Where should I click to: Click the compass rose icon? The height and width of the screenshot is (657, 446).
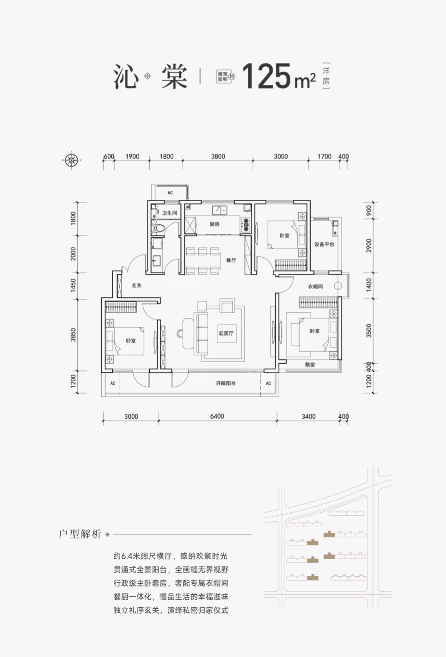click(72, 160)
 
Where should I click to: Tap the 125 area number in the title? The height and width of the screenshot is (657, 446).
click(268, 76)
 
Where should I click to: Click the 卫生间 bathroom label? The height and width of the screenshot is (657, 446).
click(170, 213)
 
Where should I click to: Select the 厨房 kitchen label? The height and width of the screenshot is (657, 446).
click(214, 224)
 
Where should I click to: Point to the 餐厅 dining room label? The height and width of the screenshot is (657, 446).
click(231, 260)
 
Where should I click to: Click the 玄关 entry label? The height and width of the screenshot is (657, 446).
click(137, 285)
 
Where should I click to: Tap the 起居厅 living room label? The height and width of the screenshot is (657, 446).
click(226, 333)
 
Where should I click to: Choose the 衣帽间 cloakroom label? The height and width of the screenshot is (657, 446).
click(315, 286)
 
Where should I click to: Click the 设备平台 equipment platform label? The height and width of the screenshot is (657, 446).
click(324, 244)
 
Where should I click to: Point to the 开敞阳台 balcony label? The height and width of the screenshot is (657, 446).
click(226, 383)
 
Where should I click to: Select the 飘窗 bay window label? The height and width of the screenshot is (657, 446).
click(310, 365)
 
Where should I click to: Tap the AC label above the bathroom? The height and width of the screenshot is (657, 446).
click(170, 193)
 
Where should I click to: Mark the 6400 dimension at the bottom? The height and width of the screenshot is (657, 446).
click(217, 416)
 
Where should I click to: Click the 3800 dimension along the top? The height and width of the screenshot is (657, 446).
click(218, 156)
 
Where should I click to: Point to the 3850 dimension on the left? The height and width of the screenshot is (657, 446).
click(73, 335)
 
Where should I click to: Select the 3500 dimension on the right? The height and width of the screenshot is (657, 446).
click(369, 331)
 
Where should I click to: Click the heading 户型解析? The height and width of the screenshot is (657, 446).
click(80, 535)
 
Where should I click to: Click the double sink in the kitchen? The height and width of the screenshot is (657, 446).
click(220, 210)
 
